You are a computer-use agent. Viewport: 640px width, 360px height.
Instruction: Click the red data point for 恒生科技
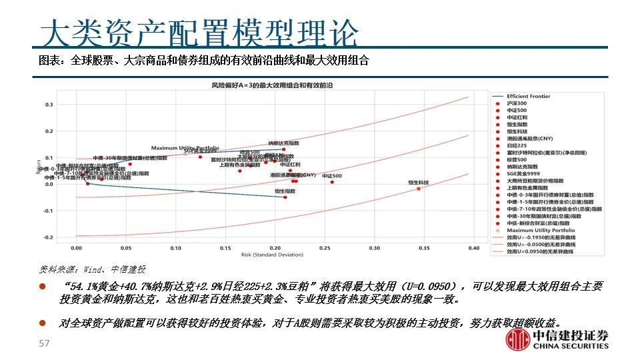point(419,189)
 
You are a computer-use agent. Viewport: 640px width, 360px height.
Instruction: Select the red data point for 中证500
point(332,182)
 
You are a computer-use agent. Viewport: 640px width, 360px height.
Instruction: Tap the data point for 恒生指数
point(285,197)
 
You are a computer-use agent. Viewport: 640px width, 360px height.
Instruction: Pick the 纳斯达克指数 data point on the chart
point(283,149)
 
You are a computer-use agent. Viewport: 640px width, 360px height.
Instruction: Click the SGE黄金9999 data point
point(200,157)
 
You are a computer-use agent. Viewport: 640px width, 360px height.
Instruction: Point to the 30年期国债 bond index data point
point(130,164)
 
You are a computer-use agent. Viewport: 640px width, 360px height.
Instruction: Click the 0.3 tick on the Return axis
point(48,105)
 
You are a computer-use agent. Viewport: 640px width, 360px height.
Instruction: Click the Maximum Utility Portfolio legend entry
point(541,230)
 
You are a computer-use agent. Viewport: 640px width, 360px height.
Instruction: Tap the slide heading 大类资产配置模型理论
point(199,32)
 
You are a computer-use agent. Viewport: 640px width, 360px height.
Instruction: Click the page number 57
point(45,343)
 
